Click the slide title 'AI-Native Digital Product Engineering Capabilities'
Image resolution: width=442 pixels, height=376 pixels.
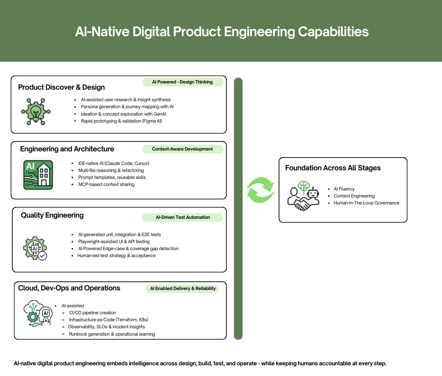pyautogui.click(x=221, y=32)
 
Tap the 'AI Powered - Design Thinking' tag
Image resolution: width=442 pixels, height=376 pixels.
pyautogui.click(x=182, y=82)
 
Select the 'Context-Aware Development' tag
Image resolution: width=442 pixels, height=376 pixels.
pyautogui.click(x=182, y=149)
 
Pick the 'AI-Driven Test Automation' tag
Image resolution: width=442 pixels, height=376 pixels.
pyautogui.click(x=182, y=217)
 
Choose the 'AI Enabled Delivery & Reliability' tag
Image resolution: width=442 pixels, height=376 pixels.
pyautogui.click(x=183, y=288)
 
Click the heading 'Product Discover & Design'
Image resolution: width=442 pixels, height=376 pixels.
pyautogui.click(x=61, y=87)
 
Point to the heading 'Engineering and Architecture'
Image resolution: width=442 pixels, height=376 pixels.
pyautogui.click(x=67, y=149)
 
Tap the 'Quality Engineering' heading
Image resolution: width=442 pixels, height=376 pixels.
pyautogui.click(x=52, y=215)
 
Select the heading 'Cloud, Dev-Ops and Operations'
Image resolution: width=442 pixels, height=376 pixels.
pyautogui.click(x=69, y=288)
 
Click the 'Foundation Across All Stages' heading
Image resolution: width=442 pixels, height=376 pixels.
pyautogui.click(x=333, y=168)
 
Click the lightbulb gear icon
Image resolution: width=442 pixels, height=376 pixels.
pyautogui.click(x=36, y=111)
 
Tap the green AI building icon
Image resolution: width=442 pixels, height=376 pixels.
pyautogui.click(x=38, y=175)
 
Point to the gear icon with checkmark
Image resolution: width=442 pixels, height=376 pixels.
pyautogui.click(x=35, y=248)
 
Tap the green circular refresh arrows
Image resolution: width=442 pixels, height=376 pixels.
pyautogui.click(x=260, y=190)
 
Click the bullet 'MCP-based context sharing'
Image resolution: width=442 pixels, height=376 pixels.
pyautogui.click(x=106, y=184)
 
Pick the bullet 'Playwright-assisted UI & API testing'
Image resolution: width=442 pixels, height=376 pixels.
pyautogui.click(x=114, y=241)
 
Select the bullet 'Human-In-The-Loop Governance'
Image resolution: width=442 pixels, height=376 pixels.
pyautogui.click(x=366, y=203)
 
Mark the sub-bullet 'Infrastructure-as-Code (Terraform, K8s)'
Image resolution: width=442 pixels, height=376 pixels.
pyautogui.click(x=108, y=320)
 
